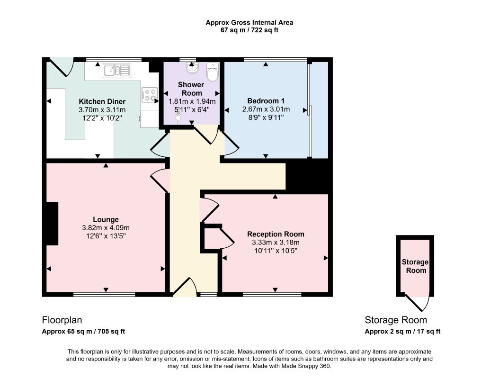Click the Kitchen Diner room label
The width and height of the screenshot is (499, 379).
click(x=102, y=101)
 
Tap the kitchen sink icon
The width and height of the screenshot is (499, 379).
click(x=116, y=71)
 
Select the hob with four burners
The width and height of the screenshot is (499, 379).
click(x=150, y=95)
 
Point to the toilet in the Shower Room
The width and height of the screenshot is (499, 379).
click(x=213, y=72)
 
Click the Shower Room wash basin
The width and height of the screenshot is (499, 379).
click(x=192, y=68)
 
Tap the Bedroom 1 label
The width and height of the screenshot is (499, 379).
click(x=266, y=101)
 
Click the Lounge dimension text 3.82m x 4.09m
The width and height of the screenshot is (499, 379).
click(x=106, y=228)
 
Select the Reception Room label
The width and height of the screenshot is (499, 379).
click(x=276, y=234)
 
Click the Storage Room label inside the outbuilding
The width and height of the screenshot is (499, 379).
click(x=415, y=266)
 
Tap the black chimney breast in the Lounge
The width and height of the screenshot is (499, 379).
click(x=52, y=223)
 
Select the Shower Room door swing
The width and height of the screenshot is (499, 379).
click(x=206, y=135)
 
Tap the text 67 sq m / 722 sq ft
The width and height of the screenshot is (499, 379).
click(x=249, y=30)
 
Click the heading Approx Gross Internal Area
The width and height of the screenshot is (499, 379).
click(x=249, y=23)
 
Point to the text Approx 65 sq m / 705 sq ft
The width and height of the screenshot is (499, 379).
click(x=83, y=331)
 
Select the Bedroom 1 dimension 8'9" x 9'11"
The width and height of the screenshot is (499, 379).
click(x=266, y=117)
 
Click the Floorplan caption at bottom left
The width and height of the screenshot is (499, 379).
click(x=62, y=320)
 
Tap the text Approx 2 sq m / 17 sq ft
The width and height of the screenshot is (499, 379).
click(x=402, y=331)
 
